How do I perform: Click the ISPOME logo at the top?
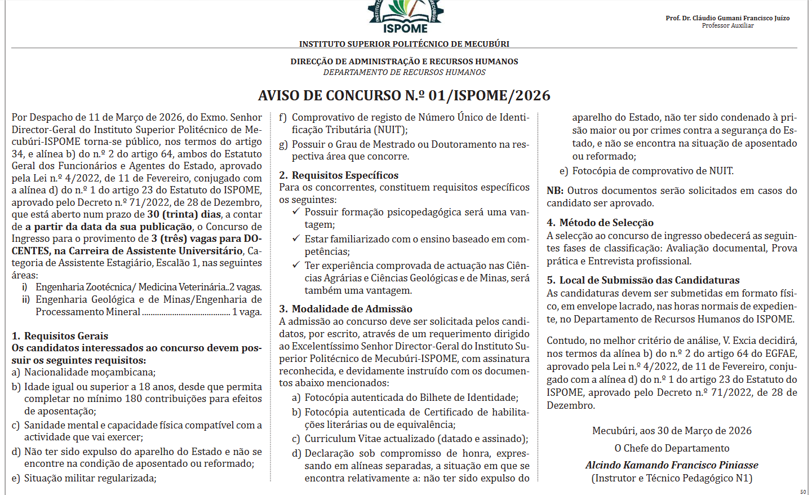coord(405,17)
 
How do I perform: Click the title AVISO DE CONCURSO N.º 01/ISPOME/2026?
coord(404,95)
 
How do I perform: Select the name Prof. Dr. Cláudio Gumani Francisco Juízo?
coord(727,18)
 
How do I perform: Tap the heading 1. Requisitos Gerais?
coord(60,336)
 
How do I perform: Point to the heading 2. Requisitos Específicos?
coord(339,175)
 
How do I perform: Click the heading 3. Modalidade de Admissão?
coord(345,309)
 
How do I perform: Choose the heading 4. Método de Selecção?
coord(600,223)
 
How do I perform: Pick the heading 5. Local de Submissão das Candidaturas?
coord(643,280)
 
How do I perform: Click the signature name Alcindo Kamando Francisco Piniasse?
coord(672,465)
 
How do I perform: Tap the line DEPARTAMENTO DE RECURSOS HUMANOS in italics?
coord(404,72)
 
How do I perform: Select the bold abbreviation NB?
coord(555,191)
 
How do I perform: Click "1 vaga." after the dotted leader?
coord(247,312)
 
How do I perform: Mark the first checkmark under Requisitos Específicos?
coord(296,211)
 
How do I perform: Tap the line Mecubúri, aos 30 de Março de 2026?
coord(672,431)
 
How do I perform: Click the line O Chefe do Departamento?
coord(672,448)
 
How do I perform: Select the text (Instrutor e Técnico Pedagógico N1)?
coord(672,478)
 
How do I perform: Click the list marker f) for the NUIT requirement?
coord(283,117)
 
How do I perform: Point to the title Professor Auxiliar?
coord(727,25)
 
